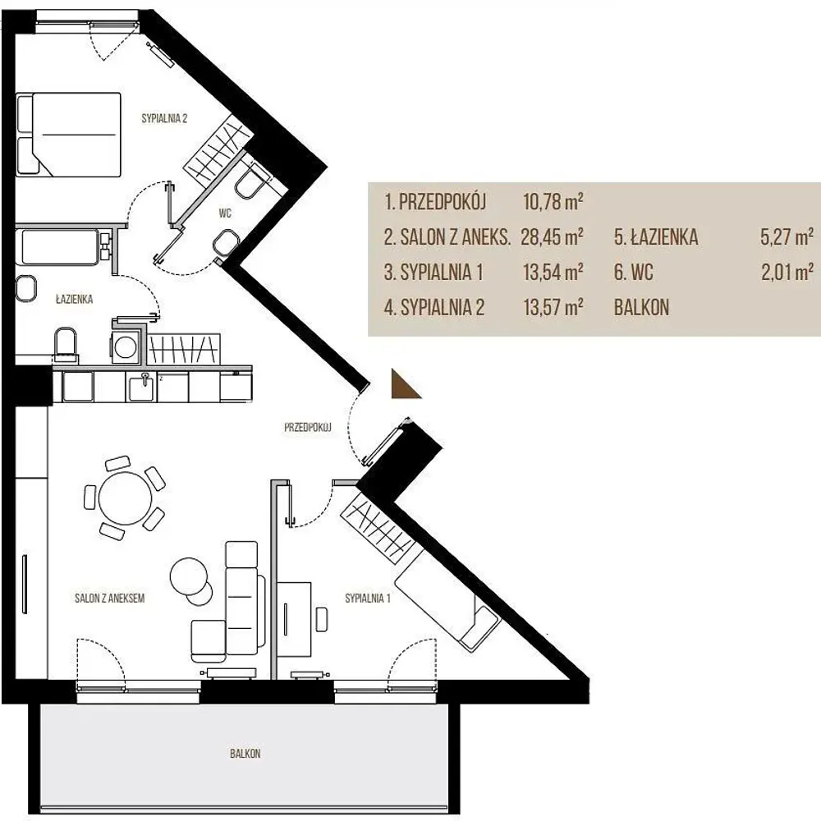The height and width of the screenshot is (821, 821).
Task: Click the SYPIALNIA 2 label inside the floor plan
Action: (164, 118)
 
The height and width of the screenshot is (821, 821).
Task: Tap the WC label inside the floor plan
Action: (225, 213)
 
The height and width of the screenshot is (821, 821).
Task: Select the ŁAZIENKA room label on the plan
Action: (75, 299)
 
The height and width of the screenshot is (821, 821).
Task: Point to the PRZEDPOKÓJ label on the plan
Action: (308, 427)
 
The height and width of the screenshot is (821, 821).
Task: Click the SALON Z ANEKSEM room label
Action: (109, 598)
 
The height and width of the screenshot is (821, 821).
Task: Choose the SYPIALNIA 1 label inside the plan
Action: (368, 598)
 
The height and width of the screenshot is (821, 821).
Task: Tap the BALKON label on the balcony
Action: (245, 754)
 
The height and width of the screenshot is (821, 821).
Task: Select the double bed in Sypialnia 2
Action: (69, 135)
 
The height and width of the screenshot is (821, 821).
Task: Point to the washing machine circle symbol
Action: (125, 346)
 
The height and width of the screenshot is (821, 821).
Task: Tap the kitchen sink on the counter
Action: (142, 387)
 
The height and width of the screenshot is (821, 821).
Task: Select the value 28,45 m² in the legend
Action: (553, 236)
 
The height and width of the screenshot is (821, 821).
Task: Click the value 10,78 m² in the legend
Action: (553, 201)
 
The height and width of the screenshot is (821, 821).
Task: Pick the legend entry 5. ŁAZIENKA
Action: (656, 236)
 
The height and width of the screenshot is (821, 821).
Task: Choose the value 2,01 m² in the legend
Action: (787, 273)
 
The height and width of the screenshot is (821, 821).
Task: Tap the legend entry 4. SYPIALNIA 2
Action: (434, 307)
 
